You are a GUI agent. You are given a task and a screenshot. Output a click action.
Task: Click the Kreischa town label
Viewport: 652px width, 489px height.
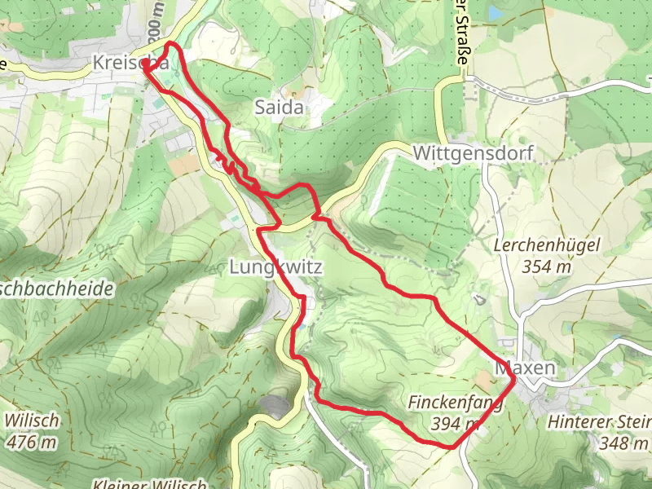[130, 63]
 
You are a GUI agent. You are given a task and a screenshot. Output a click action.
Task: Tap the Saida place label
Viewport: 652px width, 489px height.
[279, 108]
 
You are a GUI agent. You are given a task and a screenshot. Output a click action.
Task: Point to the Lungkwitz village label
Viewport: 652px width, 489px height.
[277, 267]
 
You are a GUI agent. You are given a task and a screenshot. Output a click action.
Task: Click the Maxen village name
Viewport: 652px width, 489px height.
[525, 368]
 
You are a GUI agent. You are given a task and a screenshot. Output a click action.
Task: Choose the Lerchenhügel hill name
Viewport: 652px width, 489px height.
[548, 244]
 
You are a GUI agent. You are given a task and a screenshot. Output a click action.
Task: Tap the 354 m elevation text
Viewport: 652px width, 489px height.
[547, 266]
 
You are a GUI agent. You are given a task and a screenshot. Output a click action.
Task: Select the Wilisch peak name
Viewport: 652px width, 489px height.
[33, 421]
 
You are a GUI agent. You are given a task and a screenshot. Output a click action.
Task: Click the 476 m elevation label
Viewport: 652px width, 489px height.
[33, 443]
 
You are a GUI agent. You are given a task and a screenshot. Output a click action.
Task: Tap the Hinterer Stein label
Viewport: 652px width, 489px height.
[600, 422]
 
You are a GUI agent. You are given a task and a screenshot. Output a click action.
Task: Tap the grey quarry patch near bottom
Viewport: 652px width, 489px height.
[275, 405]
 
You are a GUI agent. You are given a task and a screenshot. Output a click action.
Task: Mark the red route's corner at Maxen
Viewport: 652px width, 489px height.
[515, 378]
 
